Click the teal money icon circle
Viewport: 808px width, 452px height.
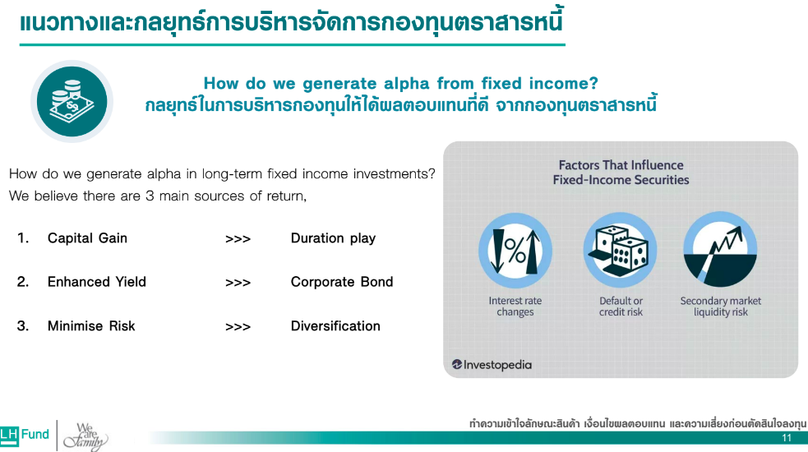[72, 102]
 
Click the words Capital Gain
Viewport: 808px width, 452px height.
[87, 238]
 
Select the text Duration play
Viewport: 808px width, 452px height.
[334, 238]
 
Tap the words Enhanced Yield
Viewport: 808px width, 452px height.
[97, 282]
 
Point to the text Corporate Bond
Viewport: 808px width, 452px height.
[342, 282]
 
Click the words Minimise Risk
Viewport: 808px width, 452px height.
[91, 326]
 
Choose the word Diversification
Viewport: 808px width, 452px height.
[335, 326]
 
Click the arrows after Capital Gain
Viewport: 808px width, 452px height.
[238, 239]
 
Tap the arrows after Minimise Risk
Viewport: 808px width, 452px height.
[238, 327]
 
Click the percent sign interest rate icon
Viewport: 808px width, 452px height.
[515, 251]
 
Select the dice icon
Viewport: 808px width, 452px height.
[620, 251]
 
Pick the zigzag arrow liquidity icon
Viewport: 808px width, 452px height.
[720, 250]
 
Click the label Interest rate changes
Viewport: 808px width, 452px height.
[515, 307]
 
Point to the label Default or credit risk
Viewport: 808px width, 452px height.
[621, 307]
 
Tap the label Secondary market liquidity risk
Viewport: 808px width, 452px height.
[720, 307]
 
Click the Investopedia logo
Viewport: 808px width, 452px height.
[492, 365]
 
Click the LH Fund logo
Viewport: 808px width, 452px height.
[25, 435]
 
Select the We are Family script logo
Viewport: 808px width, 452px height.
[85, 436]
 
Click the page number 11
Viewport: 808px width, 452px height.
[787, 438]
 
